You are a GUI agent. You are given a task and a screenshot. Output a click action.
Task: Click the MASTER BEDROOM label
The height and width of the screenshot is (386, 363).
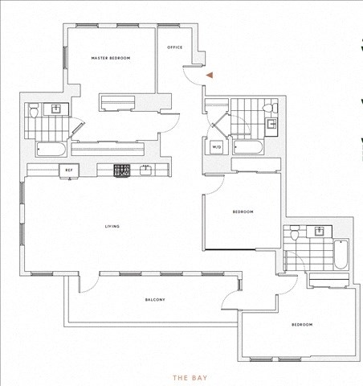pyautogui.click(x=111, y=58)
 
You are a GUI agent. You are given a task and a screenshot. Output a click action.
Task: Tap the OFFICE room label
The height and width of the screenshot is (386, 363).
pyautogui.click(x=175, y=47)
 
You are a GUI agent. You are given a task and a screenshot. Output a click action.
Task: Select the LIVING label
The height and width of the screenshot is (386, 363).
pyautogui.click(x=112, y=227)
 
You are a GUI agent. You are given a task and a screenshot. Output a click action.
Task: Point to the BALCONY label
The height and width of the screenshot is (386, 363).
pyautogui.click(x=155, y=300)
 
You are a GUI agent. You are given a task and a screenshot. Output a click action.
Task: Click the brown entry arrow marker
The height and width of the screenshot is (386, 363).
pyautogui.click(x=210, y=75)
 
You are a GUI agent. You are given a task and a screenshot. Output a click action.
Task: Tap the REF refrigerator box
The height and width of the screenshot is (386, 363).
pyautogui.click(x=69, y=170)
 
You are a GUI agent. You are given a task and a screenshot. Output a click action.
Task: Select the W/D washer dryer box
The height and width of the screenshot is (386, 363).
pyautogui.click(x=217, y=147)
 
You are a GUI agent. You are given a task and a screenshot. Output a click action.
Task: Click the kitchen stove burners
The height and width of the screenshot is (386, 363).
pyautogui.click(x=122, y=170)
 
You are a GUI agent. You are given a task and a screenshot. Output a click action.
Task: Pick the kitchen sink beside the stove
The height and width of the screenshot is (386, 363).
pyautogui.click(x=145, y=170)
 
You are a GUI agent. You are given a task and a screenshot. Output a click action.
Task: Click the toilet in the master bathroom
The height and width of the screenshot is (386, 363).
pyautogui.click(x=34, y=111)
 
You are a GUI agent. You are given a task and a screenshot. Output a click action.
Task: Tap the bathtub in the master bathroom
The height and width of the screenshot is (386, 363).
pyautogui.click(x=51, y=149)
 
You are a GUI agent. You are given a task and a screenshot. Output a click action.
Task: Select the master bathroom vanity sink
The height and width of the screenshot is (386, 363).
pyautogui.click(x=56, y=109)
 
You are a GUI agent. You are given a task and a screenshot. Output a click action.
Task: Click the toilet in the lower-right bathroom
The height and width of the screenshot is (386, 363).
pyautogui.click(x=294, y=233)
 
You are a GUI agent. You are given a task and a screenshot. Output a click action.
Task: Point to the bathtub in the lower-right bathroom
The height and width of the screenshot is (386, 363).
pyautogui.click(x=341, y=255)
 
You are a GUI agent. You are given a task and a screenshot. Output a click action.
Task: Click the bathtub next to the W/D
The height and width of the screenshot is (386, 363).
pyautogui.click(x=248, y=147)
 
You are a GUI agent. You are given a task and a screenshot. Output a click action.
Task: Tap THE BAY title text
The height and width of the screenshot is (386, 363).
pyautogui.click(x=190, y=378)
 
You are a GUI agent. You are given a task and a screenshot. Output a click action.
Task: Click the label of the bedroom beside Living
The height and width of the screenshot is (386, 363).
pyautogui.click(x=243, y=212)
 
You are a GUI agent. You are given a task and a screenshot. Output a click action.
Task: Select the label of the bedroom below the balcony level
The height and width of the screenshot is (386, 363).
pyautogui.click(x=302, y=325)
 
